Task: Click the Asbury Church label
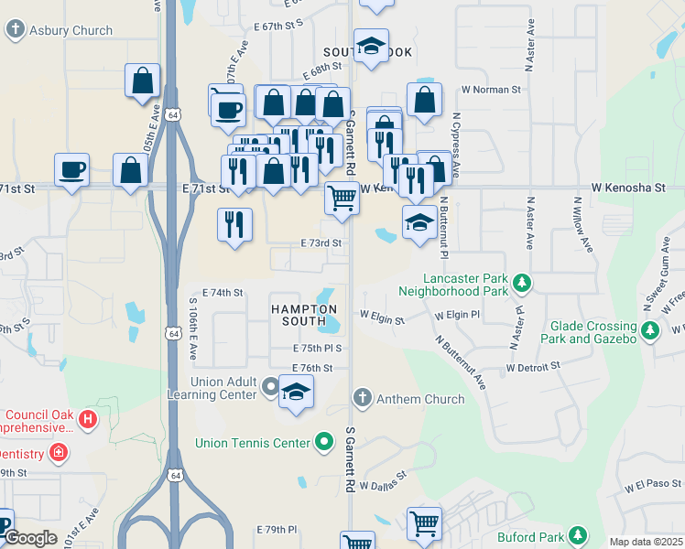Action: pyautogui.click(x=71, y=30)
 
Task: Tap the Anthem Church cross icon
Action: pyautogui.click(x=363, y=398)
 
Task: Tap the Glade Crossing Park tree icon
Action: pyautogui.click(x=650, y=331)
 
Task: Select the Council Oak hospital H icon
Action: pyautogui.click(x=87, y=420)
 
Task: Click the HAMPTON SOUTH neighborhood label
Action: pyautogui.click(x=299, y=316)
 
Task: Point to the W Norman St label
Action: pyautogui.click(x=490, y=90)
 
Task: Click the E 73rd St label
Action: pyautogui.click(x=321, y=243)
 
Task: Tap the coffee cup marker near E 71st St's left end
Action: pyautogui.click(x=72, y=170)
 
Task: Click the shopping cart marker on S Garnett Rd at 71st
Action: pyautogui.click(x=342, y=197)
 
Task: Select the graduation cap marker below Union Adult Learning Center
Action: pyautogui.click(x=296, y=393)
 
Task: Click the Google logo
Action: pyautogui.click(x=31, y=538)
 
